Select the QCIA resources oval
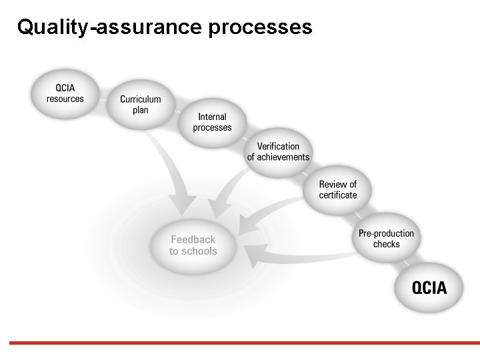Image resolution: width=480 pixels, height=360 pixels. click(65, 93)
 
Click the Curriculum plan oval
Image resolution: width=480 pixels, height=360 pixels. click(140, 105)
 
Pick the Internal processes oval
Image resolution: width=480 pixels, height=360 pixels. click(212, 122)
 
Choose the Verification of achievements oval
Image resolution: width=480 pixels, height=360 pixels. click(278, 152)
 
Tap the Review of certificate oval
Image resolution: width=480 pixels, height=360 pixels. click(337, 189)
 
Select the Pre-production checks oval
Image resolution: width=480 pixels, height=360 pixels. click(386, 239)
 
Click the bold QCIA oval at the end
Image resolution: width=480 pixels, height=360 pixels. click(429, 288)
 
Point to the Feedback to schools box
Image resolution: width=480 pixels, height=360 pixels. click(193, 245)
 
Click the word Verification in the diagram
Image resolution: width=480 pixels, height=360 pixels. click(278, 147)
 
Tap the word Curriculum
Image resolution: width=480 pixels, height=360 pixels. click(140, 99)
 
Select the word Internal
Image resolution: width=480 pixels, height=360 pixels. click(212, 117)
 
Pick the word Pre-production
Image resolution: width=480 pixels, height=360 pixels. click(386, 233)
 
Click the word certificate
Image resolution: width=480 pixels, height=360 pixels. click(337, 195)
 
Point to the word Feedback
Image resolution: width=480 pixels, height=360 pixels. click(193, 239)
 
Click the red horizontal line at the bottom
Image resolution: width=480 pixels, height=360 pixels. click(240, 343)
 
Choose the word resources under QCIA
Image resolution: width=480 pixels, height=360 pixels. click(65, 99)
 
